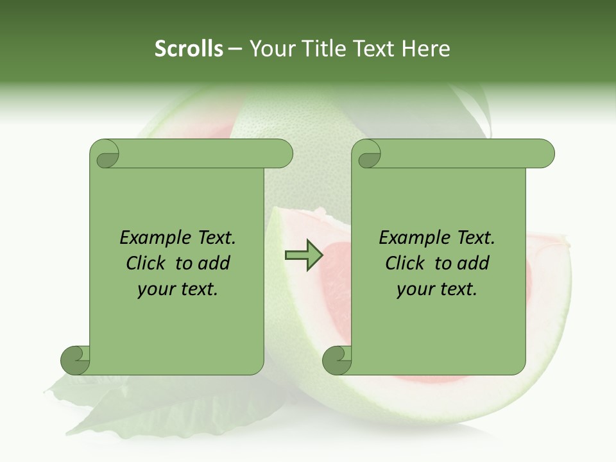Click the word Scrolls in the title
tap(189, 49)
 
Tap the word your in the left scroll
tap(156, 289)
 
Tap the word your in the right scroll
tap(415, 289)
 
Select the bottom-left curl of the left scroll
tap(75, 360)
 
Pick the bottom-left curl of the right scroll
tap(337, 360)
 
